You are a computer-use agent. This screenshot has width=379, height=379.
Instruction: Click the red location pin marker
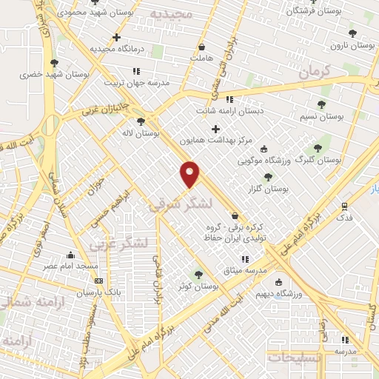coord(191,173)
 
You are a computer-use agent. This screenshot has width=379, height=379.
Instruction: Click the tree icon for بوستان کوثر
coord(197,274)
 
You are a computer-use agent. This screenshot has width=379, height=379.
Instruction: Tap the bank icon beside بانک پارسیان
coord(98,281)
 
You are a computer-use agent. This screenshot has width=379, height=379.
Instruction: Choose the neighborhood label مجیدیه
coord(170,14)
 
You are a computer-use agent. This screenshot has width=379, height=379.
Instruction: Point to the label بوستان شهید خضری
coord(46,75)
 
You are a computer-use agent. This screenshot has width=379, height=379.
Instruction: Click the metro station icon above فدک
coord(345,206)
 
